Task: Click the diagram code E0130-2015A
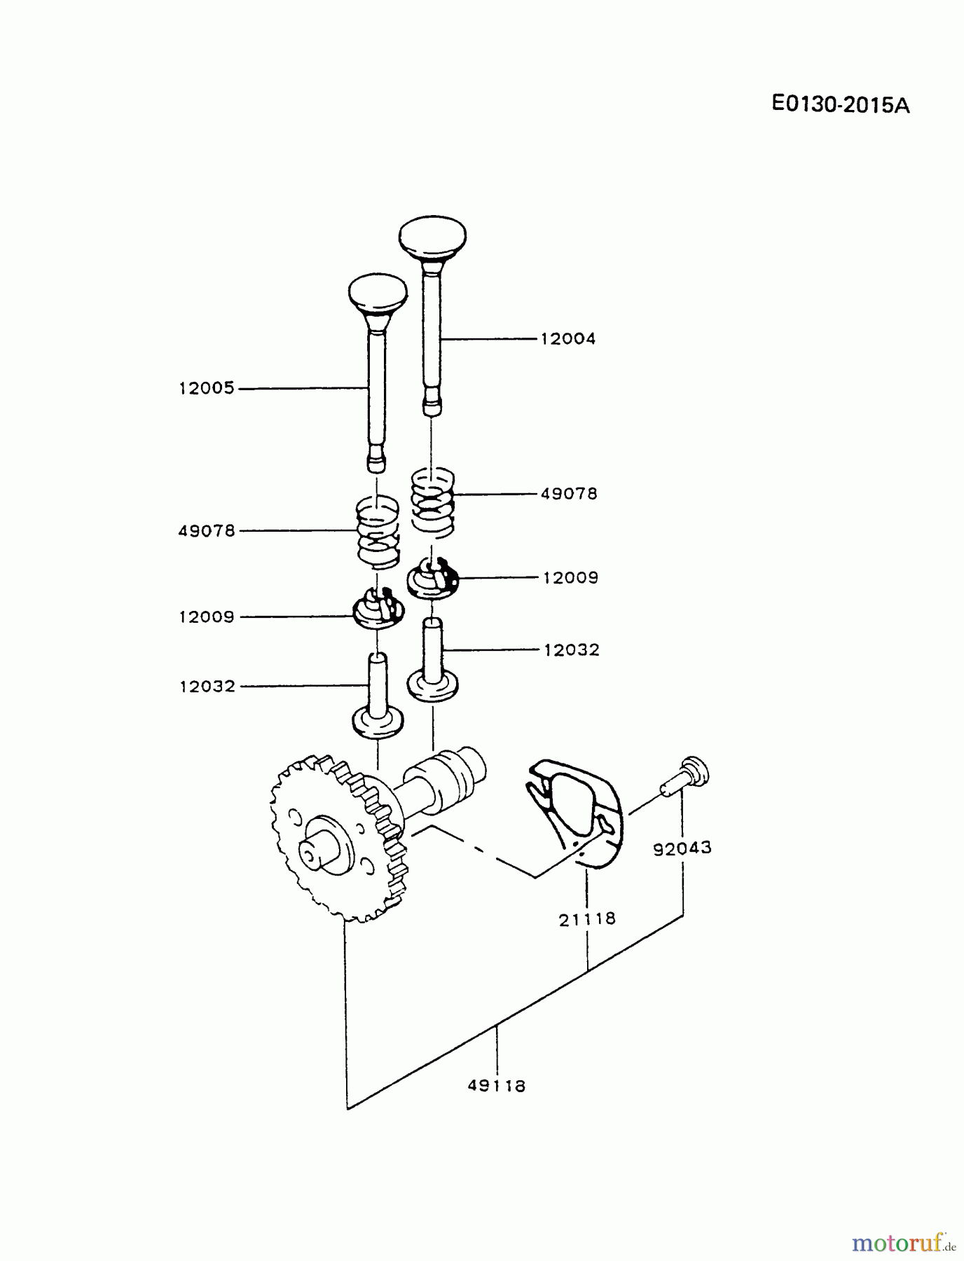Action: [840, 105]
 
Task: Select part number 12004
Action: [567, 339]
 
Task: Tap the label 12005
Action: [207, 389]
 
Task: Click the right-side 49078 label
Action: [569, 494]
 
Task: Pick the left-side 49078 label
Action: [207, 531]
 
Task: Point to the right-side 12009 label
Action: [570, 578]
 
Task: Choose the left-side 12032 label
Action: [207, 687]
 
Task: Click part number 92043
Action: [682, 848]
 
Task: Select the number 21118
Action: [587, 918]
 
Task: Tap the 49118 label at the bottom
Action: [497, 1086]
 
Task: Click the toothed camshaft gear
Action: [336, 841]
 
